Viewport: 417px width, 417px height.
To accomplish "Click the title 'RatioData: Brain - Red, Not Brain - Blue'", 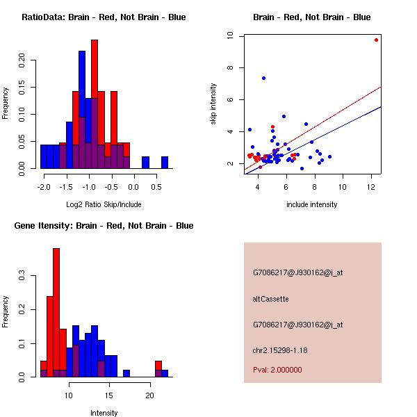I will (104, 17).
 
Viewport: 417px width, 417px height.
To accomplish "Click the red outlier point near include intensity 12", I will (376, 40).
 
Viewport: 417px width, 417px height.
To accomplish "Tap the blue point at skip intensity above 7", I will (263, 78).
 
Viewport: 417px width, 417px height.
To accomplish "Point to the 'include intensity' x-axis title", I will (312, 204).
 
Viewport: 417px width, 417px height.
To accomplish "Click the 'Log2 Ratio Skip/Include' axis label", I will (104, 204).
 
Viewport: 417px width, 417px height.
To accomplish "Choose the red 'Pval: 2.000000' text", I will (277, 370).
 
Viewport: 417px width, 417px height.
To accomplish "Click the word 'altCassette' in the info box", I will (270, 299).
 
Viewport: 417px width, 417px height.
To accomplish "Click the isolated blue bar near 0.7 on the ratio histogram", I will (165, 163).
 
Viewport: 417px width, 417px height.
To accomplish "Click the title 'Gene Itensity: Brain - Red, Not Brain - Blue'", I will (104, 226).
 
